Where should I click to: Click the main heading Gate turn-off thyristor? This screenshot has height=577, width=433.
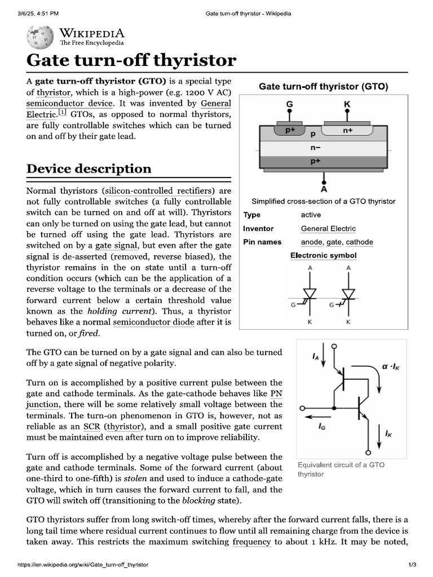coord(131,61)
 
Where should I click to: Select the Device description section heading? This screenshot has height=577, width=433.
coord(89,168)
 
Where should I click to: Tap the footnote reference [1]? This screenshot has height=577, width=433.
coord(63,113)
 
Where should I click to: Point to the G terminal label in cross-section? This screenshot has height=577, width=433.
coord(290,104)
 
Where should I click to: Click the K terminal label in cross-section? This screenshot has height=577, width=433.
coord(346,104)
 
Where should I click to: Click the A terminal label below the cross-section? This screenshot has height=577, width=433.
coord(324,189)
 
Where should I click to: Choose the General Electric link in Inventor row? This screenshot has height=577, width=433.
coord(328,229)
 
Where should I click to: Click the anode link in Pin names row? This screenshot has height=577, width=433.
coord(311,242)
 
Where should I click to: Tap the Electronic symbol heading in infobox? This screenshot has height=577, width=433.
coord(323,256)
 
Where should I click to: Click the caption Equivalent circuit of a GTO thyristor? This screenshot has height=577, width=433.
coord(341,469)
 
